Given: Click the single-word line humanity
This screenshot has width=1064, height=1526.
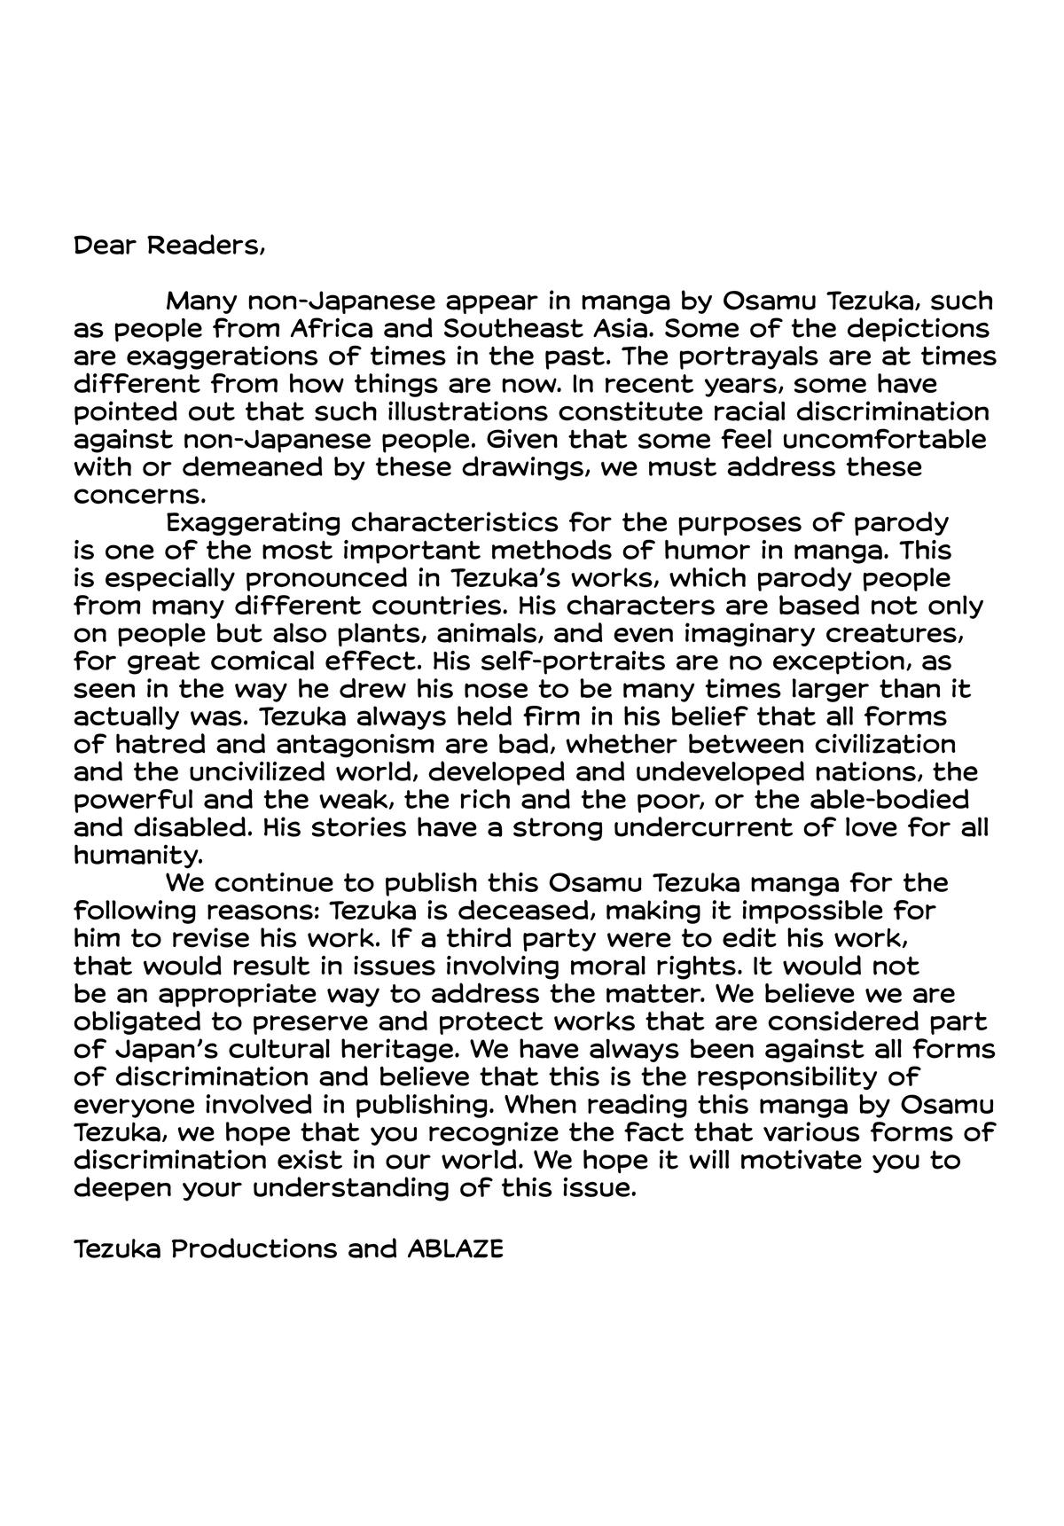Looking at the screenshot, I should (x=138, y=856).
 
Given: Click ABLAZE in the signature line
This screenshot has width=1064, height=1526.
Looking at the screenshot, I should (x=455, y=1248).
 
